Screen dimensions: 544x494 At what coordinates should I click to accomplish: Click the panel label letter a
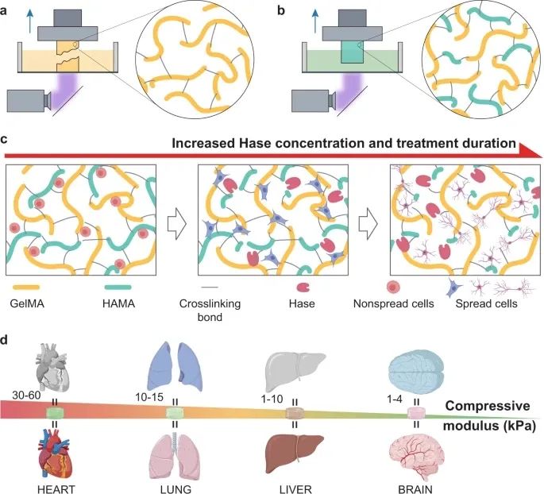point(3,11)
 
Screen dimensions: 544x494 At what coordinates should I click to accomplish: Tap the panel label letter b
point(281,10)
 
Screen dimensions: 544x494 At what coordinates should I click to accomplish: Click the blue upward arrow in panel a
point(30,20)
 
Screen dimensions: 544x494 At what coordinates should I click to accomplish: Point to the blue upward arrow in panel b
point(315,20)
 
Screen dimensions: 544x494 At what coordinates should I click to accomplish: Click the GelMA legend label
point(27,303)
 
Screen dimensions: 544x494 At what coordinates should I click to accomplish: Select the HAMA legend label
point(118,303)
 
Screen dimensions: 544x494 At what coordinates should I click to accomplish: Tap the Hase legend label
point(302,303)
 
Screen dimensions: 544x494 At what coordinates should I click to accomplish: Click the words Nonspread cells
point(393,303)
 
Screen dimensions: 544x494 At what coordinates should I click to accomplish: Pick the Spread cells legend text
point(486,304)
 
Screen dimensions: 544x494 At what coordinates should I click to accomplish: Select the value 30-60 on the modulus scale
point(26,396)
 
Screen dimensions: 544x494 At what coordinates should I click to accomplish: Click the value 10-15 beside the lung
point(149,397)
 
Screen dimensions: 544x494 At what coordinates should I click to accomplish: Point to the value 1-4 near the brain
point(395,399)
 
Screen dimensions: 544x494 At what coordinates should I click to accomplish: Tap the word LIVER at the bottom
point(295,489)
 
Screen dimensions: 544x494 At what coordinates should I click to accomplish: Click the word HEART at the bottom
point(56,489)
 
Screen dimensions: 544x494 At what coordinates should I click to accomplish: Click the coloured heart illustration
point(56,453)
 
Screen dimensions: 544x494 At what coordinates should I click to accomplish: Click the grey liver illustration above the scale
point(295,371)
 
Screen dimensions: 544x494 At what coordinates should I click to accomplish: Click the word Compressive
point(488,406)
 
